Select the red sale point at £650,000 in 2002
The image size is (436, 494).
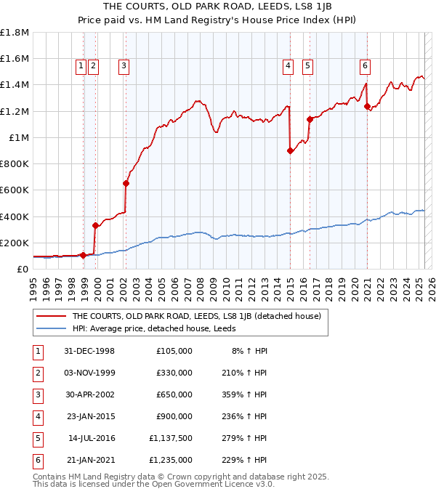point(126,183)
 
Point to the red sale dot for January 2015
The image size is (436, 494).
point(290,150)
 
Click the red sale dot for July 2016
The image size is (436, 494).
point(310,119)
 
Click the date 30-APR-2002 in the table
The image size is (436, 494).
point(90,396)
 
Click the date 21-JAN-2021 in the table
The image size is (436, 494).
point(90,459)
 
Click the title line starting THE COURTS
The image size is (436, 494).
point(217,7)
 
